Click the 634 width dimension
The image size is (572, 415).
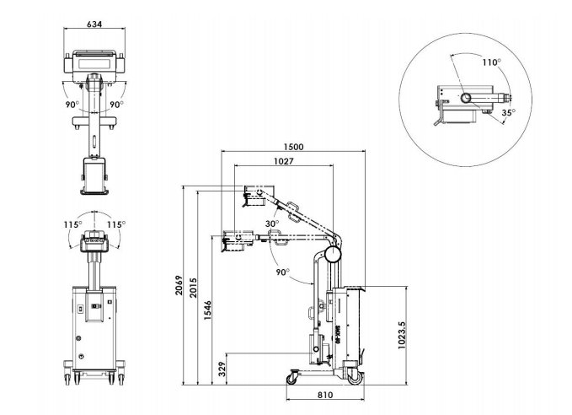pyautogui.click(x=94, y=24)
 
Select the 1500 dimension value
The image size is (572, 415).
pyautogui.click(x=293, y=147)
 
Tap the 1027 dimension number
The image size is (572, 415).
pyautogui.click(x=283, y=161)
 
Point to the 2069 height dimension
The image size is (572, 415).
pyautogui.click(x=179, y=285)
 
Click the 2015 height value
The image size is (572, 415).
pyautogui.click(x=194, y=288)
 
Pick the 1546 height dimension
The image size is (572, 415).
pyautogui.click(x=207, y=310)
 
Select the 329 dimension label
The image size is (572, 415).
pyautogui.click(x=222, y=369)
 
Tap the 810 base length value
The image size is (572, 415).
pyautogui.click(x=324, y=395)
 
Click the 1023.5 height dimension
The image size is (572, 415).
pyautogui.click(x=402, y=335)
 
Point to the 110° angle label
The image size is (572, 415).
pyautogui.click(x=491, y=62)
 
